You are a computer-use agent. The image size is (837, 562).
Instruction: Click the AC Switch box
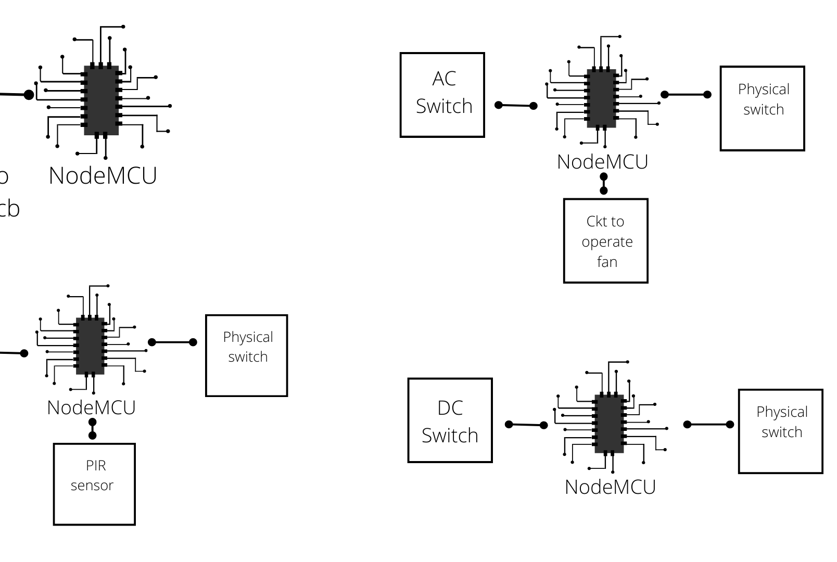click(x=442, y=95)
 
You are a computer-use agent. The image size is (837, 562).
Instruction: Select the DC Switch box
click(x=450, y=420)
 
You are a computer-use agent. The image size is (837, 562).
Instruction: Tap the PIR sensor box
click(x=94, y=484)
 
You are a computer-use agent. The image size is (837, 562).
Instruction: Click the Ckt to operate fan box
click(x=605, y=241)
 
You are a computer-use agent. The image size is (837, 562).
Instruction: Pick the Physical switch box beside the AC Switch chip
click(x=762, y=108)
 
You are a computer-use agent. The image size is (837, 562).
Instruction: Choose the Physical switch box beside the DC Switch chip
click(x=780, y=431)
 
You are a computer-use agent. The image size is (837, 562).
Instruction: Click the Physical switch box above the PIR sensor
click(x=246, y=355)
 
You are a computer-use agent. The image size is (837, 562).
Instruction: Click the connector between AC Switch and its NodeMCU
click(x=515, y=106)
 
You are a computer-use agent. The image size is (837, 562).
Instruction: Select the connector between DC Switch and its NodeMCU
click(x=526, y=425)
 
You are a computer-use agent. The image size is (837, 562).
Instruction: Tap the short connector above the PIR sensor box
click(x=93, y=428)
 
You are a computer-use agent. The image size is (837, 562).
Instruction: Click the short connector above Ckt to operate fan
click(x=604, y=184)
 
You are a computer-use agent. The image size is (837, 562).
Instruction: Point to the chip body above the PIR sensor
click(x=90, y=346)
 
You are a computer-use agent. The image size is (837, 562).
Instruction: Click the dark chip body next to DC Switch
click(x=609, y=424)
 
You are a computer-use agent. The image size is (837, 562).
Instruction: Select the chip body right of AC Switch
click(x=601, y=98)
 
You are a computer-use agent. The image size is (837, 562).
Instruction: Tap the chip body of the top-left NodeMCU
click(x=101, y=100)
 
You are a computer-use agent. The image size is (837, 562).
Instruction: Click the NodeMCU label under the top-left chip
click(x=103, y=176)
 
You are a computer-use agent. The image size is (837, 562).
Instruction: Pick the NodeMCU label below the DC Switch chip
click(x=610, y=487)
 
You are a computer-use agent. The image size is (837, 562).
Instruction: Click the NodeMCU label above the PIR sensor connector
click(x=91, y=407)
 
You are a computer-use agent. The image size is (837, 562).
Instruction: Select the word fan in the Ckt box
click(x=607, y=262)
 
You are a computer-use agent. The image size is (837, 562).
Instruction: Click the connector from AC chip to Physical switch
click(x=686, y=95)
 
